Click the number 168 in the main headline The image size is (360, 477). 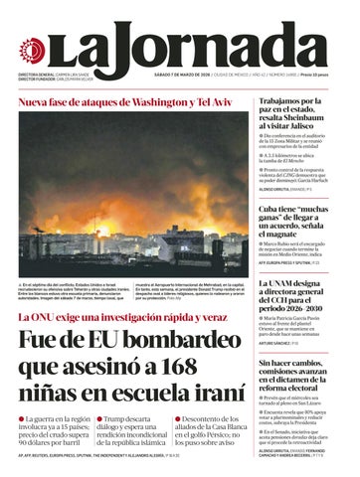coord(210,364)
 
